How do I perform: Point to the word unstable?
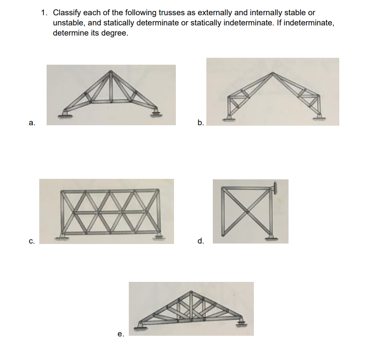(68, 23)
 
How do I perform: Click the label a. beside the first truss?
(30, 123)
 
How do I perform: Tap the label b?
(200, 123)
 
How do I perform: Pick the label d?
(200, 241)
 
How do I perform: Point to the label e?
(120, 333)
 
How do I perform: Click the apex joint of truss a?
(111, 72)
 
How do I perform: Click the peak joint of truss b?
(273, 73)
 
